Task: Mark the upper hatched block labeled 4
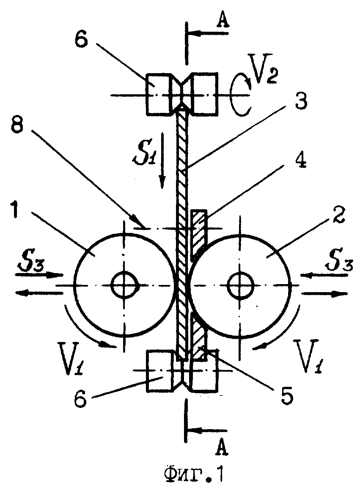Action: pyautogui.click(x=198, y=233)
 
